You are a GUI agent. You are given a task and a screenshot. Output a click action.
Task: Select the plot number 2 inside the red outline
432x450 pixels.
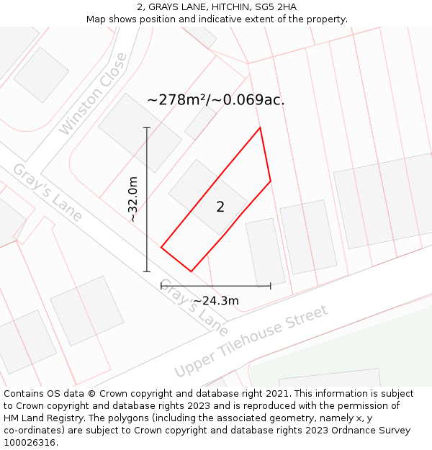pyautogui.click(x=220, y=207)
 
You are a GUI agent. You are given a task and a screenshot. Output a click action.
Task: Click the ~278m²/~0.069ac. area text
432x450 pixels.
pyautogui.click(x=216, y=100)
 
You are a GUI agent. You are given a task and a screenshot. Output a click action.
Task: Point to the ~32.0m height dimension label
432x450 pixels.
pyautogui.click(x=132, y=199)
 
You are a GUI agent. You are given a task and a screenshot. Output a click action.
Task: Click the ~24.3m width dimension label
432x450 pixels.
pyautogui.click(x=216, y=300)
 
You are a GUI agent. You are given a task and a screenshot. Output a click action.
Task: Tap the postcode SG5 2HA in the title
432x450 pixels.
pyautogui.click(x=276, y=7)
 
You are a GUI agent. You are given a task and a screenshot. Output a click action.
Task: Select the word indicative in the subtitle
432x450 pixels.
pyautogui.click(x=216, y=19)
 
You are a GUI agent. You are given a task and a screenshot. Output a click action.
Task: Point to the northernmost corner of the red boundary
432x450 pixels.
pyautogui.click(x=260, y=128)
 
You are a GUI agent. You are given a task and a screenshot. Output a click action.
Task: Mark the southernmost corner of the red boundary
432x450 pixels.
pyautogui.click(x=191, y=271)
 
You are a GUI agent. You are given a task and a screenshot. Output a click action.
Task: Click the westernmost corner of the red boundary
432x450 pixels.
pyautogui.click(x=161, y=248)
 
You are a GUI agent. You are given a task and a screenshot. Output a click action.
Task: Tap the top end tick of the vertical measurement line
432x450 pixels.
pyautogui.click(x=147, y=128)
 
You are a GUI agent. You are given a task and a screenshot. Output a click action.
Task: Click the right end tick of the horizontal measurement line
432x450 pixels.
pyautogui.click(x=270, y=286)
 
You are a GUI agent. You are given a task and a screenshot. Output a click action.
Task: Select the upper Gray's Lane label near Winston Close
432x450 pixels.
pyautogui.click(x=48, y=192)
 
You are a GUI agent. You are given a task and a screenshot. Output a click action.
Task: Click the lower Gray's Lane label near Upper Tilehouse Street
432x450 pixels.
pyautogui.click(x=193, y=307)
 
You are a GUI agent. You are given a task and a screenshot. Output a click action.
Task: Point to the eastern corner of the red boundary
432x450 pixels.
pyautogui.click(x=271, y=181)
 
